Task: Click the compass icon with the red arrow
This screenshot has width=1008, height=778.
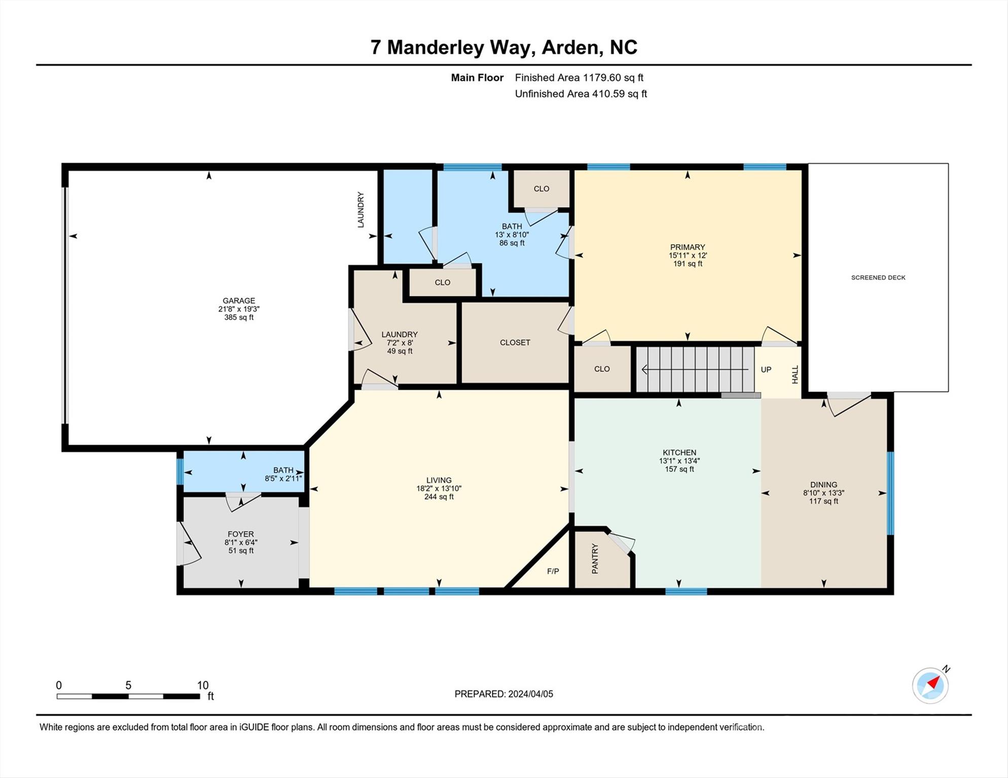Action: click(x=930, y=685)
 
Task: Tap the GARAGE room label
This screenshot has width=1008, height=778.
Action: click(x=239, y=301)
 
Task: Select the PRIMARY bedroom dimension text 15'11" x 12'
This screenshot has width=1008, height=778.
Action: click(x=688, y=256)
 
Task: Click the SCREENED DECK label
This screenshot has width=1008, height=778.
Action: click(x=878, y=278)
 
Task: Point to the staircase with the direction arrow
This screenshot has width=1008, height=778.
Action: click(x=695, y=369)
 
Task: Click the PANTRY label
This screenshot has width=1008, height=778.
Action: click(x=595, y=559)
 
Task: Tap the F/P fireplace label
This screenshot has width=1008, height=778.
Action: click(x=553, y=571)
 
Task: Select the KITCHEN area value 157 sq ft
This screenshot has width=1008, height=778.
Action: click(x=679, y=470)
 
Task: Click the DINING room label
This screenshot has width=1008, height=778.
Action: click(x=823, y=485)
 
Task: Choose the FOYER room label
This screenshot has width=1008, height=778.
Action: click(x=241, y=534)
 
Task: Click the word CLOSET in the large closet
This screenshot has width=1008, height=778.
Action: click(x=515, y=342)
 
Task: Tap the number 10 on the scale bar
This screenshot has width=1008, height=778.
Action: click(x=203, y=685)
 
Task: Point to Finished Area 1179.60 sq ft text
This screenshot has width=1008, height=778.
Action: click(x=579, y=77)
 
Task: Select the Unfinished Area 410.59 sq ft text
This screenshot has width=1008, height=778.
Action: click(x=581, y=94)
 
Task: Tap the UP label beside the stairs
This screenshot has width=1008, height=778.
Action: click(x=766, y=370)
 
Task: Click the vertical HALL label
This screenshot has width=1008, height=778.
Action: click(x=795, y=374)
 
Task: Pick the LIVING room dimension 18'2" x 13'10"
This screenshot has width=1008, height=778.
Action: click(x=439, y=489)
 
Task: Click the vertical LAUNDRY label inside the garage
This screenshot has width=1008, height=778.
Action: click(x=361, y=210)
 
